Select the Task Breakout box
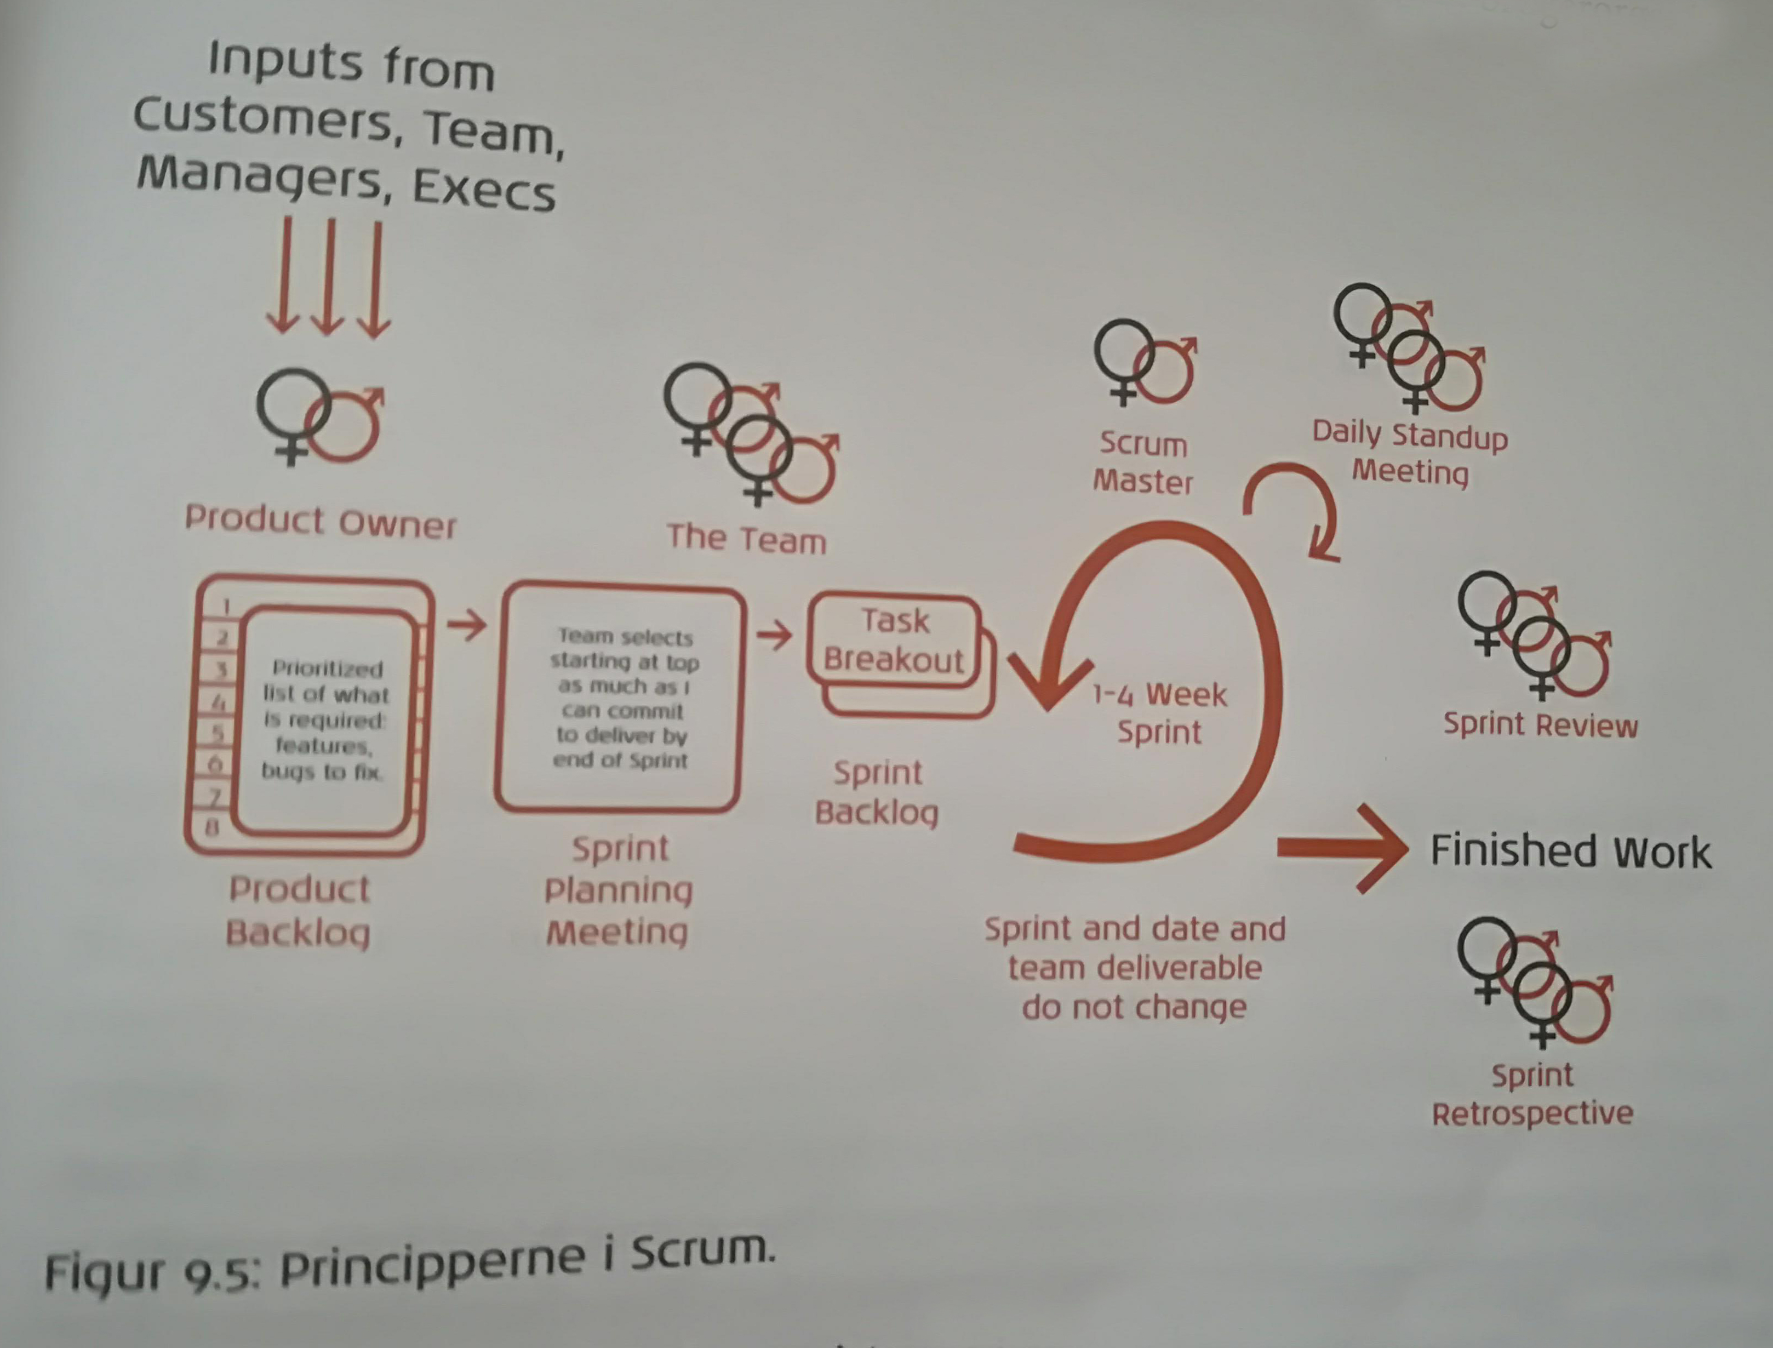[895, 641]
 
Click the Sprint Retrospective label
[1532, 1094]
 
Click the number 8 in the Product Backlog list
[212, 826]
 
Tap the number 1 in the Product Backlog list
[227, 606]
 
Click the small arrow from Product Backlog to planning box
[467, 624]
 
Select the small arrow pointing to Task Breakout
[774, 636]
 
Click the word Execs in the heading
[484, 190]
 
